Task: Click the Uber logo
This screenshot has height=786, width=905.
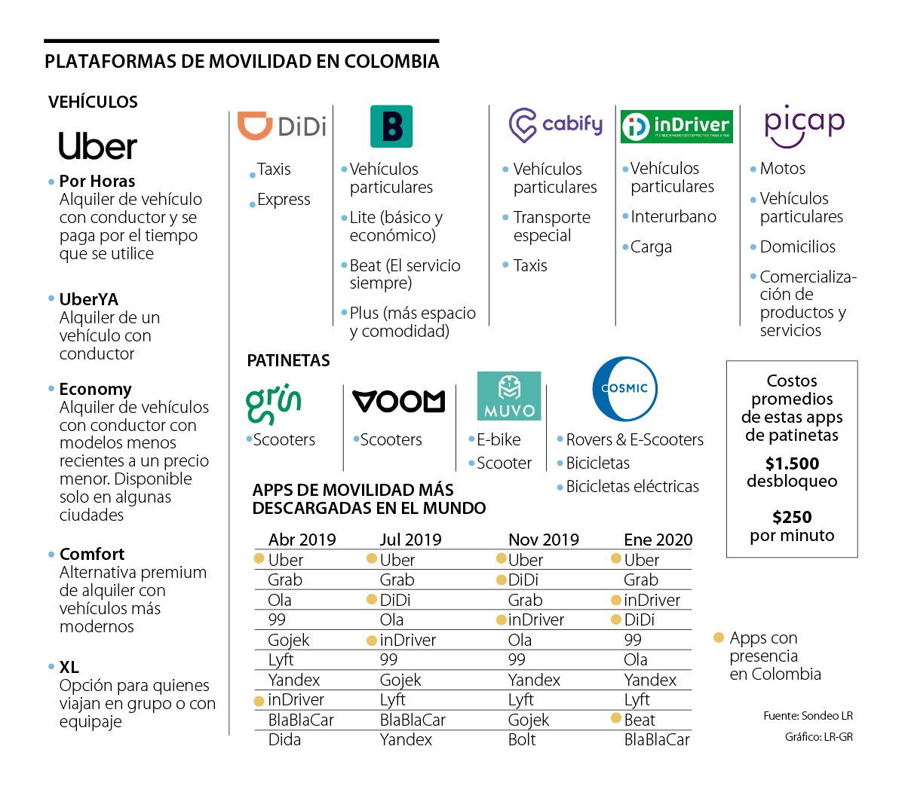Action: click(98, 146)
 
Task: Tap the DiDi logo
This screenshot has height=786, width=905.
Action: click(282, 126)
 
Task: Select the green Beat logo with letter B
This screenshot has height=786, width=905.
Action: click(391, 126)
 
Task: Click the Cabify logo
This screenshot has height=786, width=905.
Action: click(556, 125)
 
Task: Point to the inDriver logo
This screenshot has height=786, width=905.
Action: click(676, 126)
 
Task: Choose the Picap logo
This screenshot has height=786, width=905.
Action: click(804, 124)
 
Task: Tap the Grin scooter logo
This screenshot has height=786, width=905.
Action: click(274, 403)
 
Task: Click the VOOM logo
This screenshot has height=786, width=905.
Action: click(399, 401)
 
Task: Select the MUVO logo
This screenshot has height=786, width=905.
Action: click(509, 396)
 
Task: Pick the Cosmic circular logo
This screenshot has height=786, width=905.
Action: click(624, 389)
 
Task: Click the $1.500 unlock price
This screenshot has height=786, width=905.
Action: click(792, 463)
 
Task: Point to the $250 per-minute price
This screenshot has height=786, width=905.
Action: click(792, 517)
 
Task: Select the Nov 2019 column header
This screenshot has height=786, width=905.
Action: click(543, 540)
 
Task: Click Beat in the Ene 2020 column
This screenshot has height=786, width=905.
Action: click(640, 720)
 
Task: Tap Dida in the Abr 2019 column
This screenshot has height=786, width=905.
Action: click(284, 739)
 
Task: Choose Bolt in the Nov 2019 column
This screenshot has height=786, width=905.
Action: click(522, 739)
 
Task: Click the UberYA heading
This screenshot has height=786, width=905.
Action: click(89, 299)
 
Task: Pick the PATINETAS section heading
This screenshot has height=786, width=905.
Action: click(288, 360)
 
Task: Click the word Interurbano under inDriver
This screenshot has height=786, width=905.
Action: click(673, 216)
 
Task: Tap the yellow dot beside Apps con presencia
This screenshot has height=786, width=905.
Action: click(719, 638)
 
